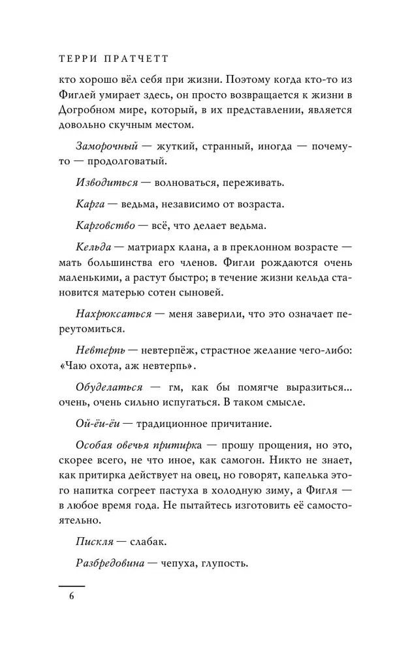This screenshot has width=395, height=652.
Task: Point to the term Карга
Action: (91, 205)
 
